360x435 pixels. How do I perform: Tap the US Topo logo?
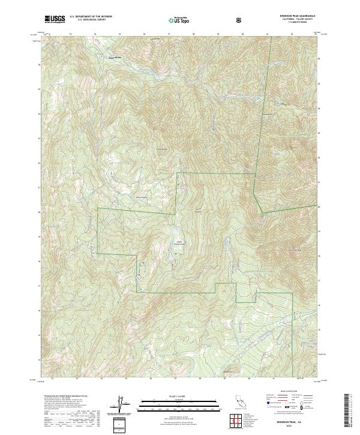(175, 20)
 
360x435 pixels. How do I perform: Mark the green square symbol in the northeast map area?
(282, 104)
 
